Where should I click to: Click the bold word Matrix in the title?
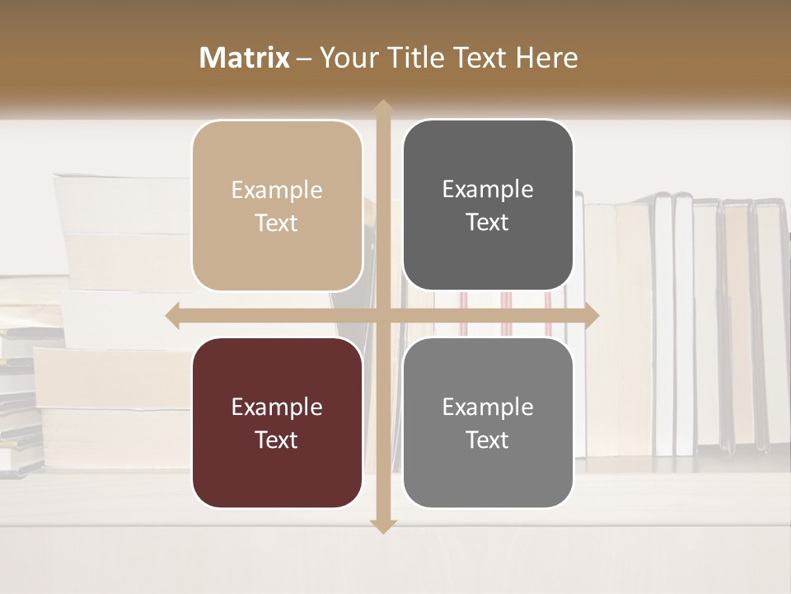[245, 58]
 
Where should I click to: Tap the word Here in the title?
[546, 58]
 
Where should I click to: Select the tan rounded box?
[277, 206]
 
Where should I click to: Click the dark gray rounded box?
[488, 205]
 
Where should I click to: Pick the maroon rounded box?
[277, 423]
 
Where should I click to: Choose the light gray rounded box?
[488, 423]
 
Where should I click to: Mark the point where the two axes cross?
[382, 315]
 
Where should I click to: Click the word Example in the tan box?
[277, 191]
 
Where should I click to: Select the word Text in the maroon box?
[277, 440]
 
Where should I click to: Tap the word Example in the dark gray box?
[488, 190]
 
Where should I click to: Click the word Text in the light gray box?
[488, 440]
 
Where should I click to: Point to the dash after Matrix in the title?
[304, 59]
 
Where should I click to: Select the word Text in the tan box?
[277, 223]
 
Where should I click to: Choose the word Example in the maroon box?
[277, 407]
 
